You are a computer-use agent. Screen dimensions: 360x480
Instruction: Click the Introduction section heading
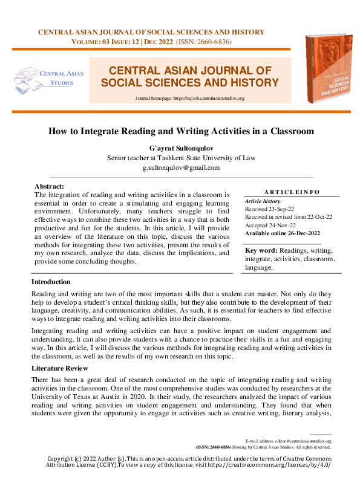(x=51, y=282)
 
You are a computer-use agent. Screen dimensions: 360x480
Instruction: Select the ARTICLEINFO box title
(x=292, y=192)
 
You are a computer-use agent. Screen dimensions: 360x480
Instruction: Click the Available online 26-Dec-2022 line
(x=281, y=233)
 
